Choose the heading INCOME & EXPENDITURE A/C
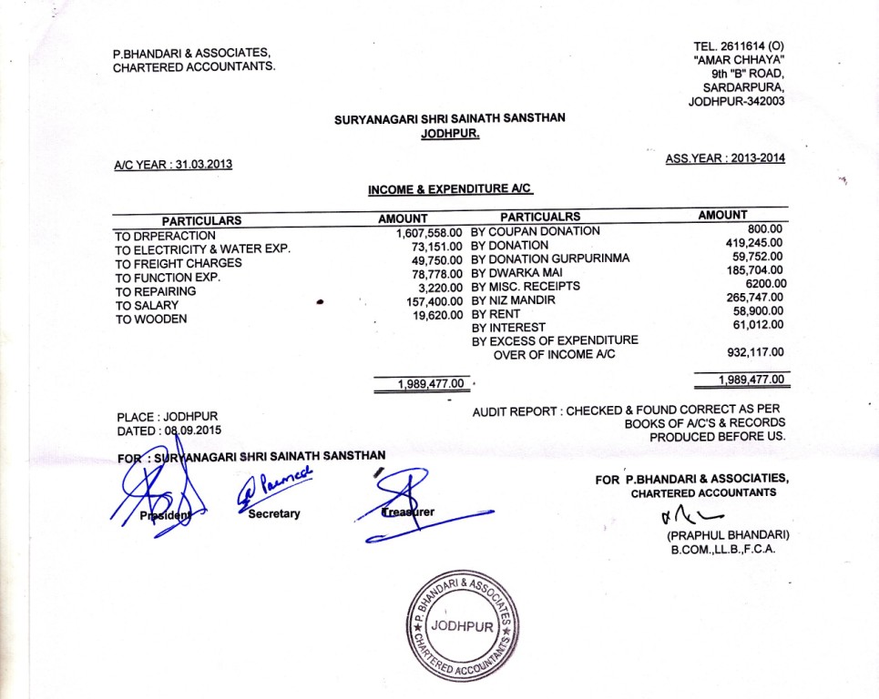click(x=450, y=189)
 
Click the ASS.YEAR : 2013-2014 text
click(x=725, y=157)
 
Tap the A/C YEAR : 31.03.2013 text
click(x=173, y=165)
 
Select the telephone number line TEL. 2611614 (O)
click(x=739, y=46)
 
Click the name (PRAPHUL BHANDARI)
click(x=727, y=534)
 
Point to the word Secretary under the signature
click(x=274, y=514)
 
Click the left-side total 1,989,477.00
click(x=433, y=384)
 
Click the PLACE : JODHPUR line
click(x=168, y=417)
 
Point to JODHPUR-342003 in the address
click(x=736, y=101)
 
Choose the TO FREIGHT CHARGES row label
click(x=179, y=264)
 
